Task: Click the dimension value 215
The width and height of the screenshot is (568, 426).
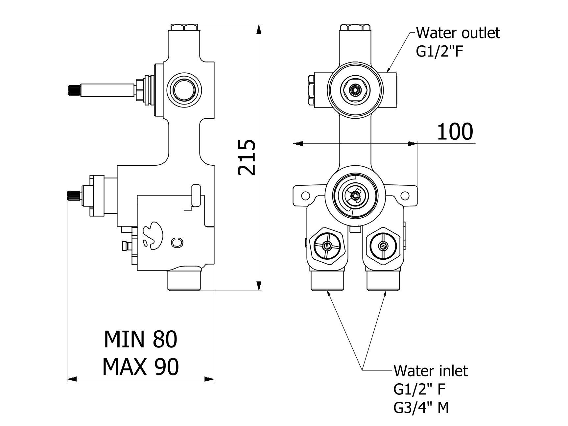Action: (247, 157)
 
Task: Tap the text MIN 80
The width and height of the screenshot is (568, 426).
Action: (141, 339)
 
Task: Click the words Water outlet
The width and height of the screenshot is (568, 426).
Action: (458, 33)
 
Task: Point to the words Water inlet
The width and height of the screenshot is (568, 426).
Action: (430, 370)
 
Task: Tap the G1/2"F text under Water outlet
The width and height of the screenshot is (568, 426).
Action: (440, 52)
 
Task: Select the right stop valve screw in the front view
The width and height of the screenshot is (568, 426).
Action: (383, 245)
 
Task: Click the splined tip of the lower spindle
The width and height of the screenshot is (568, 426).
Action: (72, 196)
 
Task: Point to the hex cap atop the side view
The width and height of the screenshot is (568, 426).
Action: (184, 27)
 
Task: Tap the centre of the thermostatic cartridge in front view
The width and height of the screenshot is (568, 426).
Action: (355, 196)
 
